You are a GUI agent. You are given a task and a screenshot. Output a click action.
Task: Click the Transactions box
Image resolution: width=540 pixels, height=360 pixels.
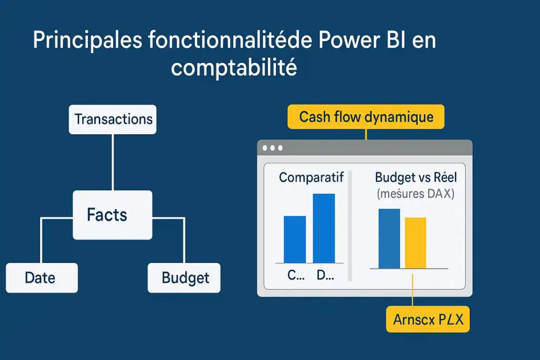113,119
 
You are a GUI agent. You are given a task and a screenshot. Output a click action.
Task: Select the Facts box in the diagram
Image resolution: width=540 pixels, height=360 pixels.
113,215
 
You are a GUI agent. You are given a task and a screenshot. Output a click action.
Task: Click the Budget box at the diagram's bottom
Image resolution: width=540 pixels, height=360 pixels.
184,278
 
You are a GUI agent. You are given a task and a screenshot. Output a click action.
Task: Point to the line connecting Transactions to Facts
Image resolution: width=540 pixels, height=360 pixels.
113,162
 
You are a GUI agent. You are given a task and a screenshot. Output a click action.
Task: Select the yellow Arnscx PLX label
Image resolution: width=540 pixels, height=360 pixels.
427,319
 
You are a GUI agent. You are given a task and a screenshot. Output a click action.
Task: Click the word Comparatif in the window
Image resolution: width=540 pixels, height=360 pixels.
311,177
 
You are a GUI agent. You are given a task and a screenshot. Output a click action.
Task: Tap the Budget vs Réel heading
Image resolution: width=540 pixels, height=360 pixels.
415,177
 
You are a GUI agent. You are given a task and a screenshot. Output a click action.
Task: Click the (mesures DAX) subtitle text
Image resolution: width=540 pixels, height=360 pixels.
415,194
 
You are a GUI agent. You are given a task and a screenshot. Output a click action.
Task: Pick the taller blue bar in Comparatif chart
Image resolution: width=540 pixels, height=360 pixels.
324,228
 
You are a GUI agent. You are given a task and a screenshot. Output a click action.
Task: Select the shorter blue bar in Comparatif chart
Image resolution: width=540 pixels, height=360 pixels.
295,239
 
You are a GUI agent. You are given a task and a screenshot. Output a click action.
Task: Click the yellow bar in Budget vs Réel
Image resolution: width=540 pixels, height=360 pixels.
415,243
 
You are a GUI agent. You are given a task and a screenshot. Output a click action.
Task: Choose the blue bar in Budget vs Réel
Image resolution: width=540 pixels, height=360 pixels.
389,238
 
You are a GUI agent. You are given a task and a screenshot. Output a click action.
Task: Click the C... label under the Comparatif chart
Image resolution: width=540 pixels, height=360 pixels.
295,275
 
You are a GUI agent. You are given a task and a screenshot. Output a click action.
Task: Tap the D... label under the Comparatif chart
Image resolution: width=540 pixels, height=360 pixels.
325,275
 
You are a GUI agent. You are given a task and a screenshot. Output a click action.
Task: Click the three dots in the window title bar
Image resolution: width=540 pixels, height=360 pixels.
272,148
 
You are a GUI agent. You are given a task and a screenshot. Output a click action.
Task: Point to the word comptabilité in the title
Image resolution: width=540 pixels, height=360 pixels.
234,68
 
